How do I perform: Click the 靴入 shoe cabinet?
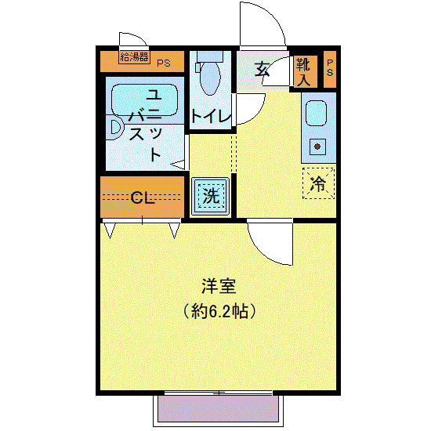point(304,71)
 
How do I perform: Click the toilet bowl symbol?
point(209,78)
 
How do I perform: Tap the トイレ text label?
point(211,116)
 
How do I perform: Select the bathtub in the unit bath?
point(146,100)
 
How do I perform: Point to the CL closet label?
point(142,197)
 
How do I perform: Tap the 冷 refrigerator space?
point(318,184)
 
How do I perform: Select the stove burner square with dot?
point(318,145)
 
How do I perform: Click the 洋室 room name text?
point(213,287)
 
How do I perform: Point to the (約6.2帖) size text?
point(213,311)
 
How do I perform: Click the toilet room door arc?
point(251,110)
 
